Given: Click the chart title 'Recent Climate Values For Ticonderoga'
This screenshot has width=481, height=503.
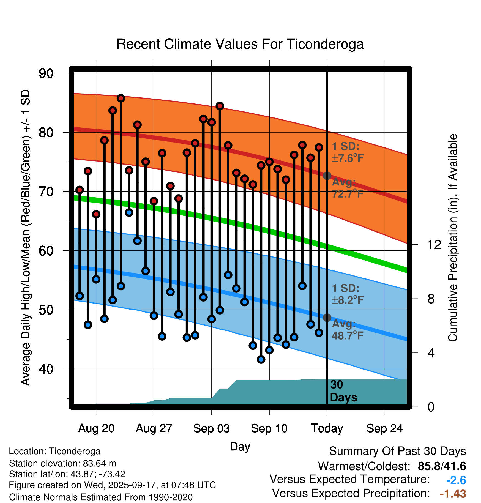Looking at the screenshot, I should pyautogui.click(x=240, y=44).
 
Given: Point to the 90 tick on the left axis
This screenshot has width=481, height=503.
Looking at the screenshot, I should pyautogui.click(x=46, y=73).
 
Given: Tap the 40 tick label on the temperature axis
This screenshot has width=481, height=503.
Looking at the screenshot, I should pyautogui.click(x=46, y=369).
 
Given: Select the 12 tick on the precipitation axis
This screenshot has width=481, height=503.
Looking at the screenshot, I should pyautogui.click(x=434, y=245).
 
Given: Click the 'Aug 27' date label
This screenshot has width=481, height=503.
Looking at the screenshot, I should pyautogui.click(x=154, y=428).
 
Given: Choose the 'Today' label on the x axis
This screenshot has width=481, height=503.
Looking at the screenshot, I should pyautogui.click(x=327, y=428).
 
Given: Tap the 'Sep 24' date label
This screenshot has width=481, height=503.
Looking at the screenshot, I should pyautogui.click(x=384, y=428).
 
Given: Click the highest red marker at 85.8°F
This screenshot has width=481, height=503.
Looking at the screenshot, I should pyautogui.click(x=121, y=98).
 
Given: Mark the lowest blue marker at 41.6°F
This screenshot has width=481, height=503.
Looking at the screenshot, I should pyautogui.click(x=261, y=359).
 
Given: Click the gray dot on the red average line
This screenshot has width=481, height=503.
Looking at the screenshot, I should pyautogui.click(x=327, y=176).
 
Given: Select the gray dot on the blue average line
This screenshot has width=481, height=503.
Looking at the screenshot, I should pyautogui.click(x=327, y=318).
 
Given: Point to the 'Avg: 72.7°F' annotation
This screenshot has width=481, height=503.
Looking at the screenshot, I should pyautogui.click(x=348, y=188).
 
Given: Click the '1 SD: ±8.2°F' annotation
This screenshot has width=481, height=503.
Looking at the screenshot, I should pyautogui.click(x=348, y=294).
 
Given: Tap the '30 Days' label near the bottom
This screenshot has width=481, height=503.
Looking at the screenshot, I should pyautogui.click(x=343, y=391).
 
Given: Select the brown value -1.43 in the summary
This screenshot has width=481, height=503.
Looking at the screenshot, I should pyautogui.click(x=453, y=494).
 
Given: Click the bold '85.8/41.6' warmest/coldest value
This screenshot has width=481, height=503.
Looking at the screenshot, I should pyautogui.click(x=442, y=466).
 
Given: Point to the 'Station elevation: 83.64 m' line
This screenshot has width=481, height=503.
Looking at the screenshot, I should pyautogui.click(x=63, y=463).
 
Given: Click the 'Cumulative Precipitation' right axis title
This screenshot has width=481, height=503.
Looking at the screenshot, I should pyautogui.click(x=452, y=238).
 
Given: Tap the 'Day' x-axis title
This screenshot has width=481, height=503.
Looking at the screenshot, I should pyautogui.click(x=240, y=446).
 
